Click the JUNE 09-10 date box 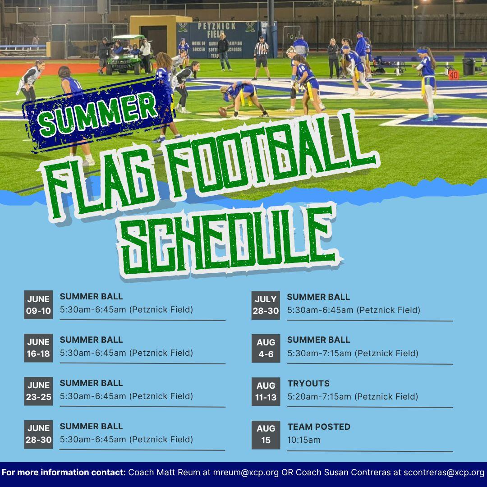pyautogui.click(x=38, y=305)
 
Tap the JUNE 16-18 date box pyautogui.click(x=38, y=348)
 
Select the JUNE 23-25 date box pyautogui.click(x=38, y=391)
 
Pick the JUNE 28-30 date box pyautogui.click(x=38, y=434)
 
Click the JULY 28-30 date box pyautogui.click(x=266, y=305)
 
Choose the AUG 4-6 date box pyautogui.click(x=266, y=348)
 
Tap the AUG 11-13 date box pyautogui.click(x=266, y=391)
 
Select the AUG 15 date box pyautogui.click(x=266, y=435)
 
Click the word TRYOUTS pyautogui.click(x=308, y=384)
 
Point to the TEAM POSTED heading pyautogui.click(x=319, y=427)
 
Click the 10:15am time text pyautogui.click(x=304, y=440)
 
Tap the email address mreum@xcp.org pyautogui.click(x=246, y=473)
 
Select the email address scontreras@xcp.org pyautogui.click(x=444, y=473)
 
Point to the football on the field pyautogui.click(x=223, y=112)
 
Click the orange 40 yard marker pyautogui.click(x=454, y=75)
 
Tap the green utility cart pyautogui.click(x=125, y=56)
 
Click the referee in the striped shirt pyautogui.click(x=262, y=58)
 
